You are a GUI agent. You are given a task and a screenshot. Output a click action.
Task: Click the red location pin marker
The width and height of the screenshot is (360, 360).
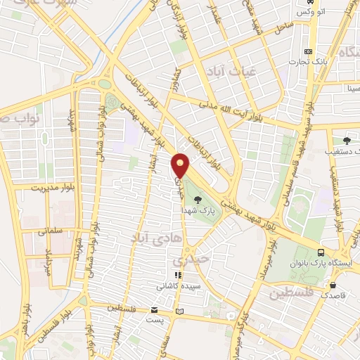coord(181,165)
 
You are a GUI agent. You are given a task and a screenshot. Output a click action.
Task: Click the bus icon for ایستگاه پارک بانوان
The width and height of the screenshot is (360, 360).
coord(321,252)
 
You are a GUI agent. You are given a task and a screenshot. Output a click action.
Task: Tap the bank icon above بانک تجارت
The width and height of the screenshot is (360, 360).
coord(308,51)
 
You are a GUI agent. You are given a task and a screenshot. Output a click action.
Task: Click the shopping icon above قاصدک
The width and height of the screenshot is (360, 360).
coord(333,285)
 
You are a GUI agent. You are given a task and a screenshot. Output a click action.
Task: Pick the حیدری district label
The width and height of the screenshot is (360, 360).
coord(191,259)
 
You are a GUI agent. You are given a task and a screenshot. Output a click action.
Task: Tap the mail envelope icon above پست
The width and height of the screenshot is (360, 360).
coord(154,310)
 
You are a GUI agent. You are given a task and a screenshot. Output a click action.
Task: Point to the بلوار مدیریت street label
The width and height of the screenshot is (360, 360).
coord(53,188)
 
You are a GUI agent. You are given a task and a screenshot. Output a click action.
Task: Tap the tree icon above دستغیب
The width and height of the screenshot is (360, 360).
coord(345,140)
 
